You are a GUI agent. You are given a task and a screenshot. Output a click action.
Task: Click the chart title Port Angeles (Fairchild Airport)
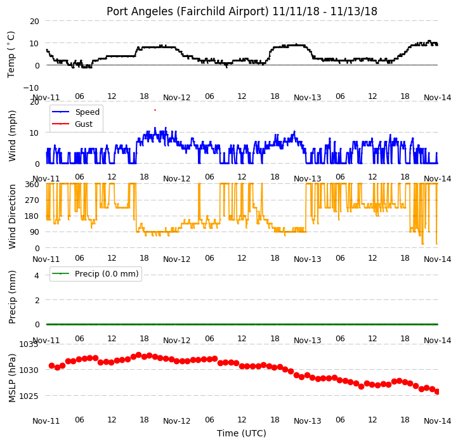click(187, 11)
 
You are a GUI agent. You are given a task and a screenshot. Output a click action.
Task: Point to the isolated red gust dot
click(155, 110)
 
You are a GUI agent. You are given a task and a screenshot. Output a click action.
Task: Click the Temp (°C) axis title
click(11, 55)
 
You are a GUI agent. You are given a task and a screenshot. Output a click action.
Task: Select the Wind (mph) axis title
click(11, 136)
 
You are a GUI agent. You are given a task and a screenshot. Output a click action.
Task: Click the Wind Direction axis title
click(11, 216)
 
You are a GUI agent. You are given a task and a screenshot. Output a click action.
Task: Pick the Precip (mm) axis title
click(11, 297)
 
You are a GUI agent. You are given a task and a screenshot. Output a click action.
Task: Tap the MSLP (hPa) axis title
click(11, 377)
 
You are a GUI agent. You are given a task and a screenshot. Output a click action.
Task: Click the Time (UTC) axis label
click(242, 433)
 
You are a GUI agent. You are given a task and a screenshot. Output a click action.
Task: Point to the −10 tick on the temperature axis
click(31, 88)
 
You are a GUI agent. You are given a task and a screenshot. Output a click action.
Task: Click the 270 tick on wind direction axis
click(32, 200)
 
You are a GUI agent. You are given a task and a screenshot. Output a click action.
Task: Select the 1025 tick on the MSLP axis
click(29, 396)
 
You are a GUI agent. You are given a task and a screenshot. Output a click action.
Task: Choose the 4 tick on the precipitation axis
click(37, 275)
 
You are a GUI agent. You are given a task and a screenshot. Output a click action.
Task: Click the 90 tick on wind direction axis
click(34, 232)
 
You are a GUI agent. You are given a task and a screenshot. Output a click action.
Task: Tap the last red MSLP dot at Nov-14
click(437, 392)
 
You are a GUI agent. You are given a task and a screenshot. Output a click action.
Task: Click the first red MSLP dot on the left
click(52, 366)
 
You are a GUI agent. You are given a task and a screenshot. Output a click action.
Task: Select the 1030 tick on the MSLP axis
click(29, 370)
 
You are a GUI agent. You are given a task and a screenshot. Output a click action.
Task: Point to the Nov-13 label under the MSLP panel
click(307, 421)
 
